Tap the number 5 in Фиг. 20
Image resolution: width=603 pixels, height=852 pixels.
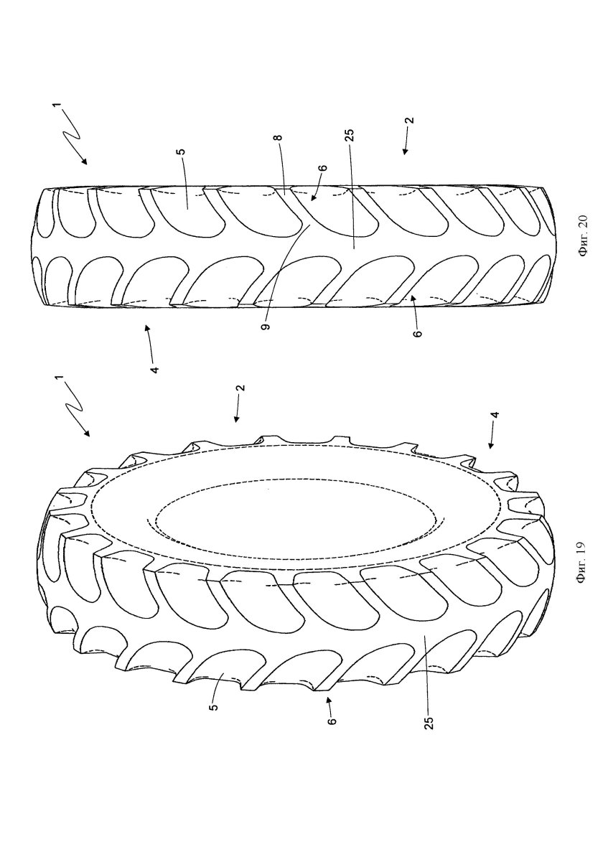[x=182, y=153]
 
